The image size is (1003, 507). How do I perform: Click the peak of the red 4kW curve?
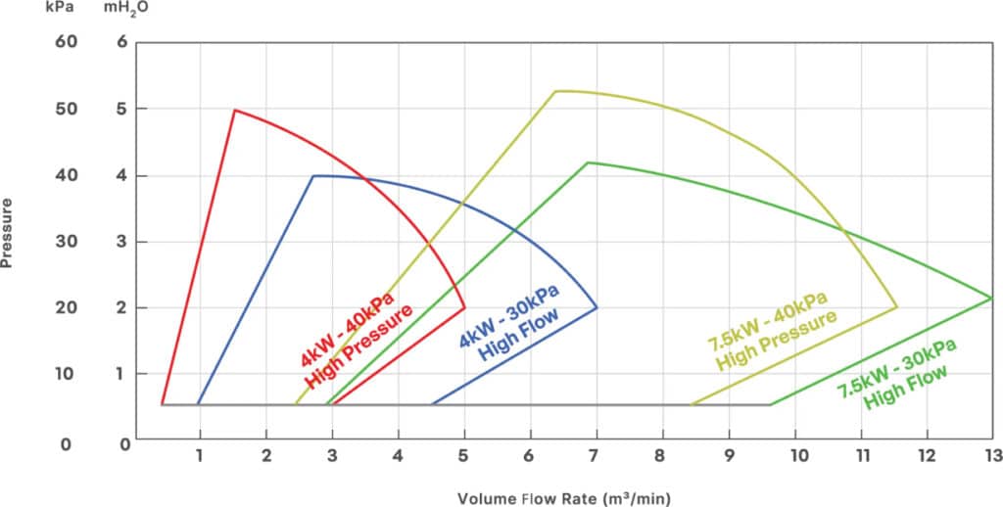(x=234, y=110)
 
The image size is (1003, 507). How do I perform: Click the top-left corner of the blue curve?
(x=312, y=176)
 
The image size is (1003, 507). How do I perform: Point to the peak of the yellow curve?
(x=555, y=91)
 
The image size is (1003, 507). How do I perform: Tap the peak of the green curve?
(x=588, y=162)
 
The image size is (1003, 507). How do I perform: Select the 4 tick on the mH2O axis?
(x=121, y=175)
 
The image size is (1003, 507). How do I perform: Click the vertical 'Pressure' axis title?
(x=9, y=236)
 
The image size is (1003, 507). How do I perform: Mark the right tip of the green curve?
(x=992, y=298)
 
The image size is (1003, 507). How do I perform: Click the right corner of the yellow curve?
(x=897, y=307)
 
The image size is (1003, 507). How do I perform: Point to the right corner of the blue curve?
(x=597, y=307)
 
